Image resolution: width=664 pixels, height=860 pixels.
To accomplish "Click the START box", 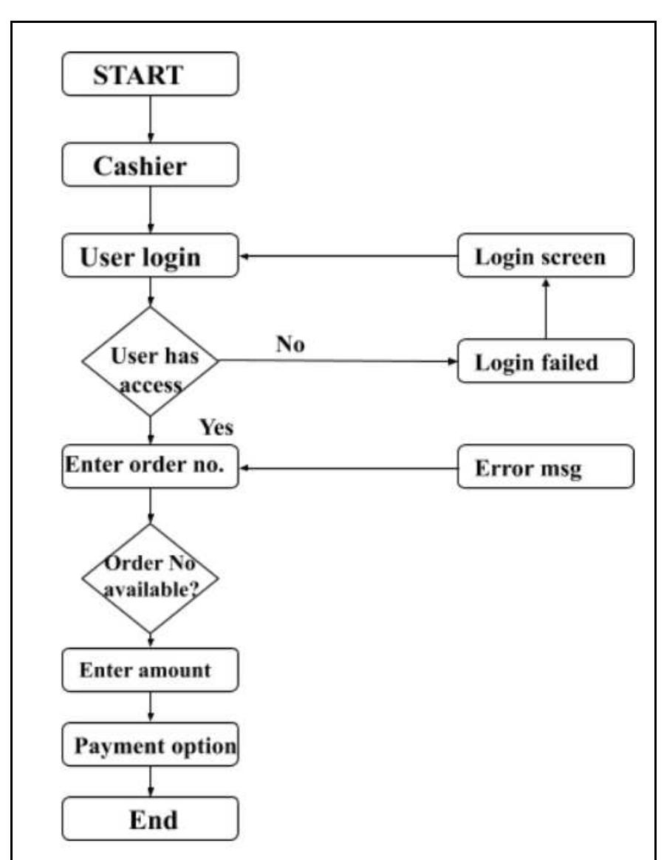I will point(151,73).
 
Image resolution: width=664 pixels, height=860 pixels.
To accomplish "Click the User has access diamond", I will point(151,361).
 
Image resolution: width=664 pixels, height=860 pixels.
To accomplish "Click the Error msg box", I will point(545,467).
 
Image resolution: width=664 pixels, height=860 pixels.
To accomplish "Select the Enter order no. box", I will point(151,467).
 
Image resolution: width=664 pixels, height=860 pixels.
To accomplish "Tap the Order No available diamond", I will point(151,579).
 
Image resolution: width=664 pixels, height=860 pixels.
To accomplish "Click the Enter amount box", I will point(151,671).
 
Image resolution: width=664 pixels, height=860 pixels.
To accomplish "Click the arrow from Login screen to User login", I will point(347,256).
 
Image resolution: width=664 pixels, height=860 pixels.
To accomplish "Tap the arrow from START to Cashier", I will point(151,120).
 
